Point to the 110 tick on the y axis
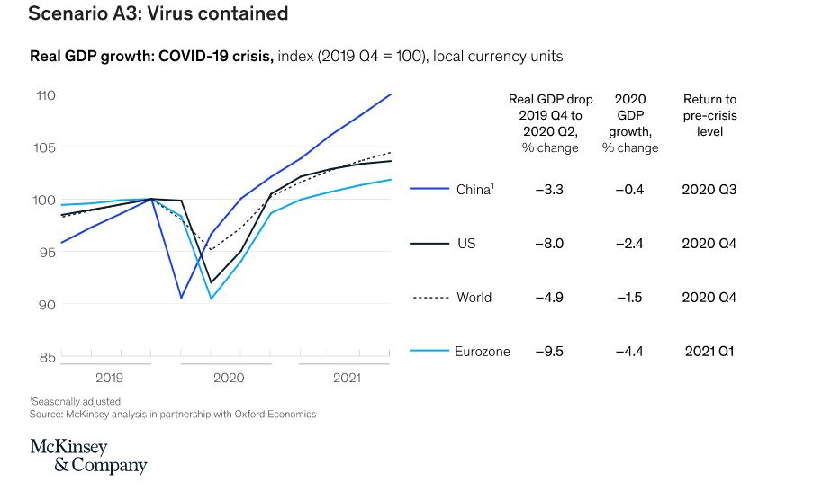point(45,94)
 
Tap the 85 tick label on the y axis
point(45,357)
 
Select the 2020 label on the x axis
point(228,378)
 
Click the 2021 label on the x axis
point(347,378)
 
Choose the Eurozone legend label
point(483,352)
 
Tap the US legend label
point(466,244)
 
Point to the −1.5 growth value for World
point(629,298)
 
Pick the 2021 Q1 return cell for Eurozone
point(709,352)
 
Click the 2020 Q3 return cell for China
point(709,190)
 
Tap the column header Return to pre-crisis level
point(709,115)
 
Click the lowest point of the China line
point(181,298)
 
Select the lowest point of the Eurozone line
point(212,299)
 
